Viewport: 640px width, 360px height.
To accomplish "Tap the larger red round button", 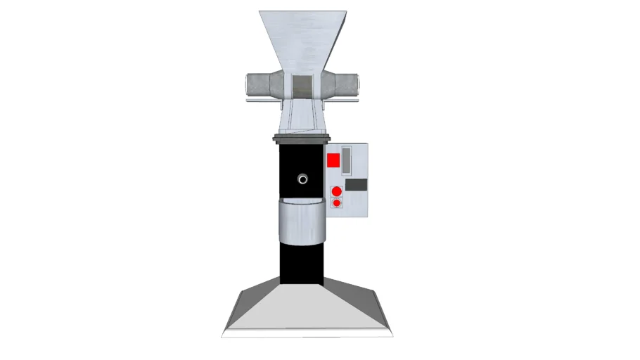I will [336, 191].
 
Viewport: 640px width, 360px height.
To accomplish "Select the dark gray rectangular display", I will [357, 185].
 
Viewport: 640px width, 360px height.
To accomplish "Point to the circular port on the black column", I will [302, 179].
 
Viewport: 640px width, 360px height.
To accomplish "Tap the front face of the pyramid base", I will [307, 313].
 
